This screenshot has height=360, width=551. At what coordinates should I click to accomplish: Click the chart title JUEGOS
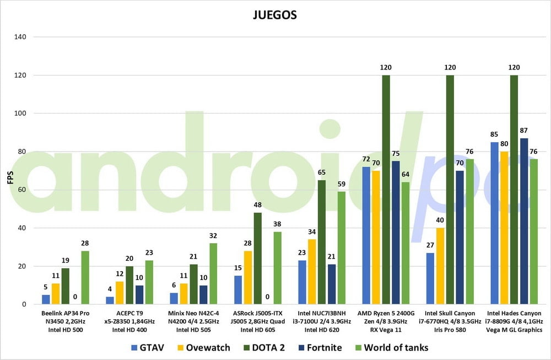pyautogui.click(x=274, y=15)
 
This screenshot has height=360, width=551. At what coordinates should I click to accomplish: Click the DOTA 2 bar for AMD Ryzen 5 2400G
pyautogui.click(x=386, y=190)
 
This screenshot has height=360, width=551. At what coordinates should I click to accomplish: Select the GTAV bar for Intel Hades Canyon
pyautogui.click(x=494, y=223)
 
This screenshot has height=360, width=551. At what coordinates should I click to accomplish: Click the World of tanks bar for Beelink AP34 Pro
pyautogui.click(x=84, y=277)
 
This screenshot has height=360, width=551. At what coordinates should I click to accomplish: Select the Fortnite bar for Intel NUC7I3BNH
pyautogui.click(x=332, y=284)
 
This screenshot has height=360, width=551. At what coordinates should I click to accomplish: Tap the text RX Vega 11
pyautogui.click(x=386, y=330)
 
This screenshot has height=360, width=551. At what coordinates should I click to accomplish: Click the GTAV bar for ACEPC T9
pyautogui.click(x=110, y=300)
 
